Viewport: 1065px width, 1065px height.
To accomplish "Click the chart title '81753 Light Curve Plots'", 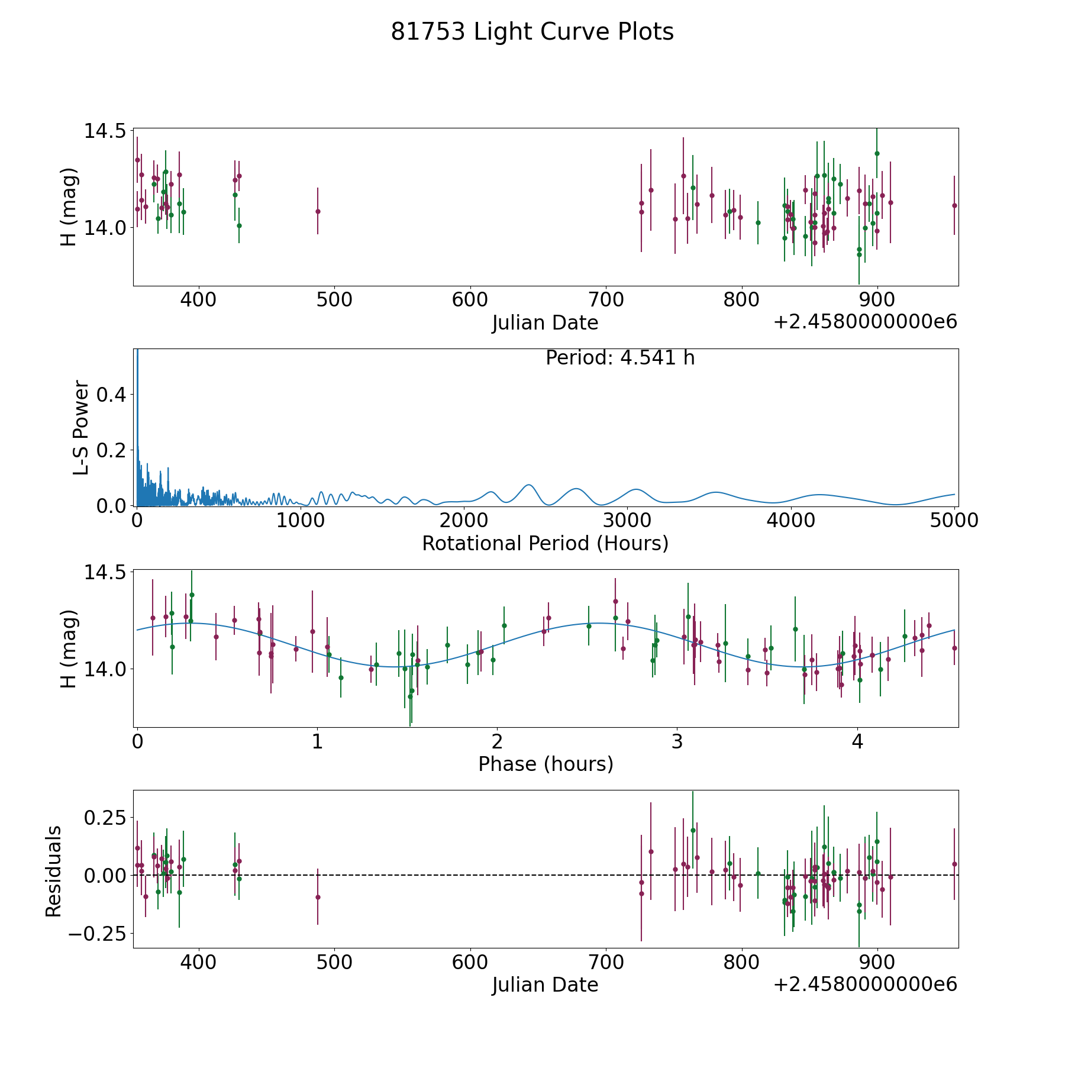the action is (532, 32).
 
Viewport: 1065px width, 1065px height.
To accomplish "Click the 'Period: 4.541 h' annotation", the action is (620, 358).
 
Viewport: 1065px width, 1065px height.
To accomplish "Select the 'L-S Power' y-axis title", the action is (81, 428).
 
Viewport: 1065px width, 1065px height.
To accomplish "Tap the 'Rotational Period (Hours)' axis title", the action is (545, 543).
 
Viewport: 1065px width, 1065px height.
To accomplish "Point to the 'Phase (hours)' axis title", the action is (546, 764).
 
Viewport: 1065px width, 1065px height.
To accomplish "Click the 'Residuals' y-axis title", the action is (54, 871).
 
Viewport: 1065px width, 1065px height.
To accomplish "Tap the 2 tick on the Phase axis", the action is (497, 741).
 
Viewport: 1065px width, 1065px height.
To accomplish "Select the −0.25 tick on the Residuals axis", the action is (97, 934).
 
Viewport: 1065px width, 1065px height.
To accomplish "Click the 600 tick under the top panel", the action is (470, 300).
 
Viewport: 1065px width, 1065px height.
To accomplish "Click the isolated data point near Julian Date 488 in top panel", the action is (318, 211).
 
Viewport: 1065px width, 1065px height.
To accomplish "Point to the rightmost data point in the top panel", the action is (954, 205).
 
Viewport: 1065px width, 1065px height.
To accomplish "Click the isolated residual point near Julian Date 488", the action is (318, 897).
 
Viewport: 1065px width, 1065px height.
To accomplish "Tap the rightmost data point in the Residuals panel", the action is (954, 864).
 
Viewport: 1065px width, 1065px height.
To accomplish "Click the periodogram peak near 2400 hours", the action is (529, 485).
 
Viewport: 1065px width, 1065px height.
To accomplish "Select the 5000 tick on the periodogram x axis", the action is (954, 520).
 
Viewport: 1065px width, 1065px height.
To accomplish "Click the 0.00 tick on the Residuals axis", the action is (105, 875).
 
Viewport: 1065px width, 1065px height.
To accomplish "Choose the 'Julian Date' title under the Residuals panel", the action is (545, 985).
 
